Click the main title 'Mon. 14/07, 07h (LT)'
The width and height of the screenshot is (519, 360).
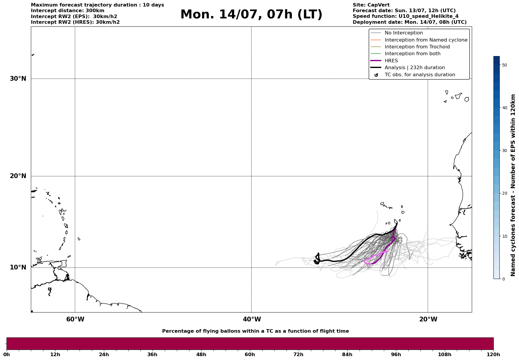pos(251,15)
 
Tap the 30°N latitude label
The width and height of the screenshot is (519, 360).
pos(18,79)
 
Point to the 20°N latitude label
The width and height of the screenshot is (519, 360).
pos(18,176)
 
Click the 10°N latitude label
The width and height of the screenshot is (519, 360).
pos(18,267)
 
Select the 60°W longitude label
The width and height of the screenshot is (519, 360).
pos(75,319)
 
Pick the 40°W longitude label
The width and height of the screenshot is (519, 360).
pos(252,319)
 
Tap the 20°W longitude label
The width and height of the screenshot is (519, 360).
pos(428,319)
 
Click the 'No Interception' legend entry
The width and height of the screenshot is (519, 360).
pos(404,33)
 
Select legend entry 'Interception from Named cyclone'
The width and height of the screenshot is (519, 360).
pos(426,40)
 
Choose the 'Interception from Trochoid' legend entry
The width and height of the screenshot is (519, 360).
pos(417,47)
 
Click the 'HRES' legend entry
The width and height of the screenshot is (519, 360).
pos(391,61)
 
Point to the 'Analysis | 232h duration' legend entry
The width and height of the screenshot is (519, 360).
pos(414,68)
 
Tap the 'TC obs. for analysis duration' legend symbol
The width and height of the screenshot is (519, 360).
pos(376,75)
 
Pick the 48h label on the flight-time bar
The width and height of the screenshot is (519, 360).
pos(201,354)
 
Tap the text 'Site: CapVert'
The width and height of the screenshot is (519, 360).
pos(371,5)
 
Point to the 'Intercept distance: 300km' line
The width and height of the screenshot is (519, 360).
pos(67,11)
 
